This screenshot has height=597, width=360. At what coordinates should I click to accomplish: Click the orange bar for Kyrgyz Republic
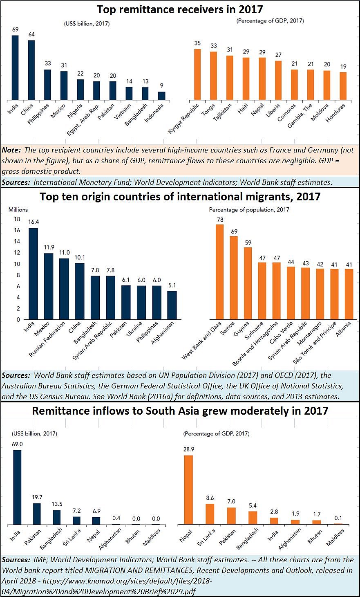point(197,74)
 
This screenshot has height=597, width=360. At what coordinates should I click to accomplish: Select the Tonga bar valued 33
point(214,75)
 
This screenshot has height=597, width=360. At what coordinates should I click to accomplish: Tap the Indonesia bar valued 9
point(162,95)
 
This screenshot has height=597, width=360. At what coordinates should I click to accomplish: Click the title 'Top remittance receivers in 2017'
point(180,9)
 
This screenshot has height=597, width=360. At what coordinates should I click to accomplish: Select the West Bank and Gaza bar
point(220,272)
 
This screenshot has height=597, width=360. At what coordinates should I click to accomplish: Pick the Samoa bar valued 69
point(234,278)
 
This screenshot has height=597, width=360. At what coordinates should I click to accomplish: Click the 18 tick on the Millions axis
point(17,219)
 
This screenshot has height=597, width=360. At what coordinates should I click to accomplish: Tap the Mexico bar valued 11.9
point(49,286)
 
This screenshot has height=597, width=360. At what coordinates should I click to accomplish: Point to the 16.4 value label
point(33,222)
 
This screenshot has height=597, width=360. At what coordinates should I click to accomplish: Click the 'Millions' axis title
point(18,209)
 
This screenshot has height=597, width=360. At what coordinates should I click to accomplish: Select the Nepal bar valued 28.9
point(188,489)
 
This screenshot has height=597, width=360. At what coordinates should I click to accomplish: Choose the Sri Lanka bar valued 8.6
point(210,514)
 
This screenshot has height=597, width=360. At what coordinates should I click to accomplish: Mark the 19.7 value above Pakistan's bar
point(37,497)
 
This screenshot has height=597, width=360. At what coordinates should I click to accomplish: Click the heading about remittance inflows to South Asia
point(180,411)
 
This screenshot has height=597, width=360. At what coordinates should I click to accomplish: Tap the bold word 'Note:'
point(11,150)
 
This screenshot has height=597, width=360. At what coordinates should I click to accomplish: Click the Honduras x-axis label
point(336,113)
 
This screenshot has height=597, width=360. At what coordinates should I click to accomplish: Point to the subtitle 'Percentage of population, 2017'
point(249,209)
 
